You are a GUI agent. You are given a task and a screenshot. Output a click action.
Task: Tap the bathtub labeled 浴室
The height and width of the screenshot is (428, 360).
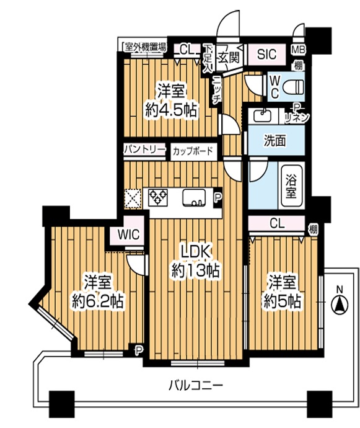pyautogui.click(x=292, y=186)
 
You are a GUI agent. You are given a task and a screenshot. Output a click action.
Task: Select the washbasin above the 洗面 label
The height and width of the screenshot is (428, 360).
pyautogui.click(x=263, y=117)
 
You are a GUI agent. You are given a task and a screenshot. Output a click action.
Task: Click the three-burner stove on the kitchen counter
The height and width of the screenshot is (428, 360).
pyautogui.click(x=158, y=197)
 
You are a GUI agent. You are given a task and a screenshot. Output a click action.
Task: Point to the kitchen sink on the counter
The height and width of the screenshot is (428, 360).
pyautogui.click(x=194, y=198)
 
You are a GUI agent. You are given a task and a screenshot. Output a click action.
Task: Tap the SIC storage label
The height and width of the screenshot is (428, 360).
pyautogui.click(x=266, y=54)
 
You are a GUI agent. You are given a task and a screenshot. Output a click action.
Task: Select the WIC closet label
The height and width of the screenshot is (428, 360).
pyautogui.click(x=128, y=234)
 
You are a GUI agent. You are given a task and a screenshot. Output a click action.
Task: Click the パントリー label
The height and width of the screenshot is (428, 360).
pyautogui.click(x=144, y=149)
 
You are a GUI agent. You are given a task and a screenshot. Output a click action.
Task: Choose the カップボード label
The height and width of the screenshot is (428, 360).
pyautogui.click(x=193, y=151)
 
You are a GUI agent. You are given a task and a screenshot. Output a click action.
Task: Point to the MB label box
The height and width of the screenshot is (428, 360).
pyautogui.click(x=298, y=50)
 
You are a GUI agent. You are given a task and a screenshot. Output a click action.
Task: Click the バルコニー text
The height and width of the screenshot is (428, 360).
pyautogui.click(x=196, y=386)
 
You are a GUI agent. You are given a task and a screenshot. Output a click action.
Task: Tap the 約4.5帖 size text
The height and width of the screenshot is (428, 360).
pyautogui.click(x=171, y=111)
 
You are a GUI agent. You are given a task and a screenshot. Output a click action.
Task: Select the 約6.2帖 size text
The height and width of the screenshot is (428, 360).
pyautogui.click(x=97, y=301)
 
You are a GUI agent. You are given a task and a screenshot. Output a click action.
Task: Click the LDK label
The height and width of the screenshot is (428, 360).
pyautogui.click(x=196, y=252)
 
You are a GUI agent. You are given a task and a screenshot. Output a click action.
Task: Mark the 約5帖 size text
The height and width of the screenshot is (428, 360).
pyautogui.click(x=283, y=301)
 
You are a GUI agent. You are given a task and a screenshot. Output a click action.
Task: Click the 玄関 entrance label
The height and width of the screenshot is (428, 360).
pyautogui.click(x=229, y=57)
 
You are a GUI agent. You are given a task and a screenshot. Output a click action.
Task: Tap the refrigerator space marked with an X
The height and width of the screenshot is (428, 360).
pyautogui.click(x=133, y=199)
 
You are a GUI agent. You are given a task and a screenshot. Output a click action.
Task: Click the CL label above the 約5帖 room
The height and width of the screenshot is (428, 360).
pyautogui.click(x=277, y=223)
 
